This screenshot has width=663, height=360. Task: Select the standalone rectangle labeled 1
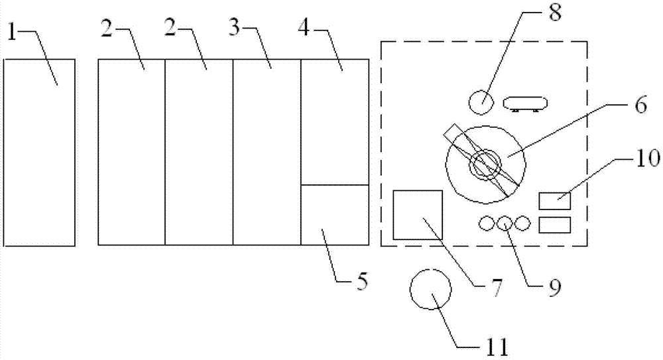point(39,152)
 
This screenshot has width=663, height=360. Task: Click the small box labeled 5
point(335,215)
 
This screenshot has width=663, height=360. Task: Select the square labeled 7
point(418,215)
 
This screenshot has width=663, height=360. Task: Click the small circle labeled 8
point(482,103)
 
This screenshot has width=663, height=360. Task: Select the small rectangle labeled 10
point(555,200)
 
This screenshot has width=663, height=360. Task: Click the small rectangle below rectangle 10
point(555,225)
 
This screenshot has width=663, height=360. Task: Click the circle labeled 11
point(431,289)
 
